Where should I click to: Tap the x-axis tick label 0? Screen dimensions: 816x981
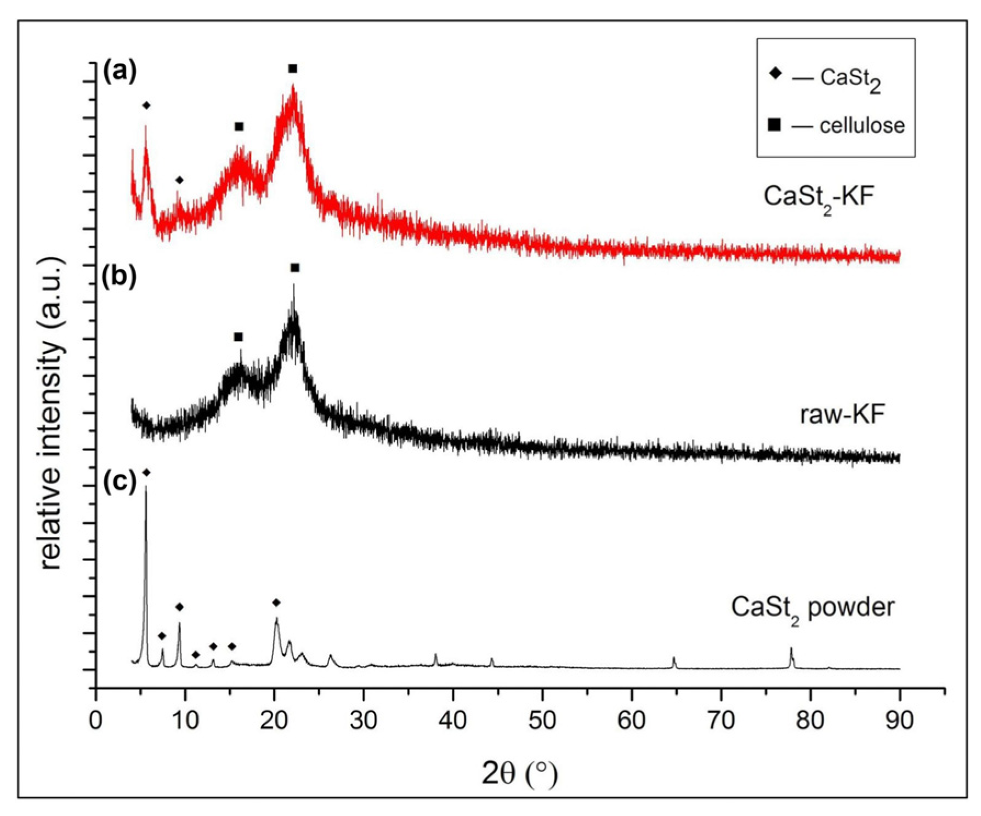97,720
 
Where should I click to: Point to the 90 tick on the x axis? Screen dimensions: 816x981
899,720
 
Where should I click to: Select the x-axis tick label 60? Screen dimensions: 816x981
631,720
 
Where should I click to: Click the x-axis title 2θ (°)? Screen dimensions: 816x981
519,774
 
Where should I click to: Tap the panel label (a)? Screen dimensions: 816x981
120,72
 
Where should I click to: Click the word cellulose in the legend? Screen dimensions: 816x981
862,125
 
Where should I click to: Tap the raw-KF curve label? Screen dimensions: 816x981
842,415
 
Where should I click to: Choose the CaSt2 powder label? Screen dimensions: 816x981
813,608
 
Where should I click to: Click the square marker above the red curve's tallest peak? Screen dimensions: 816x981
293,69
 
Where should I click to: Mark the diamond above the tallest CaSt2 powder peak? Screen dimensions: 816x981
146,472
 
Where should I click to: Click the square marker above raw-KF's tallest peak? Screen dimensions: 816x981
295,267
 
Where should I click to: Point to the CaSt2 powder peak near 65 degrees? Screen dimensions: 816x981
674,662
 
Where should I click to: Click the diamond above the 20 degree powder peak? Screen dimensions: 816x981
276,603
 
